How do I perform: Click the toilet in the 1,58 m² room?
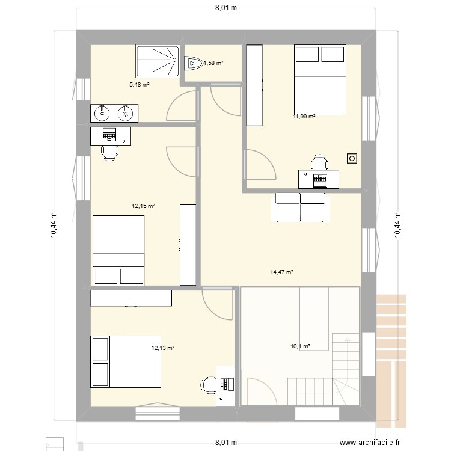193,63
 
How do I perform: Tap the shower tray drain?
174,60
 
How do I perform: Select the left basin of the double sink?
102,113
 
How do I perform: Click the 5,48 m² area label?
140,85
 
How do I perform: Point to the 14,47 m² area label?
281,272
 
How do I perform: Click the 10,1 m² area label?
300,346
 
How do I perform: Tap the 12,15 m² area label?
144,206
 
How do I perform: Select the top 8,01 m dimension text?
226,8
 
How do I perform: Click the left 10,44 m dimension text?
54,226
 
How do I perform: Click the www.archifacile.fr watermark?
370,442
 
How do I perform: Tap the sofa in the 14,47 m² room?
300,207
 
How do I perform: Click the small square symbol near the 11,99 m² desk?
352,159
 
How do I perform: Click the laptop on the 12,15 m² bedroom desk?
109,135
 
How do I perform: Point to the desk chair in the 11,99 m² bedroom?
319,162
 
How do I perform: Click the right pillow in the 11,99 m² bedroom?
333,54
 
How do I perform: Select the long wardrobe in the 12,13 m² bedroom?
131,298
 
